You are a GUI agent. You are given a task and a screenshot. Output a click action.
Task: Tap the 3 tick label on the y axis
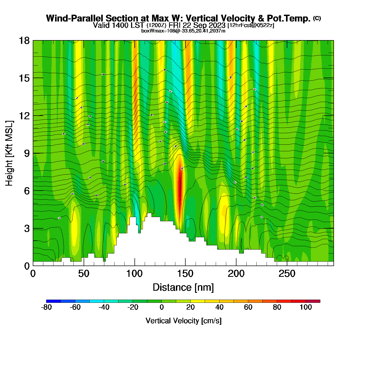pos(27,229)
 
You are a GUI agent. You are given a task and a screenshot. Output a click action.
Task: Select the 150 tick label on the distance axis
pos(185,274)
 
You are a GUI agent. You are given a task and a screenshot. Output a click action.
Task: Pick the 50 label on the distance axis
pos(84,274)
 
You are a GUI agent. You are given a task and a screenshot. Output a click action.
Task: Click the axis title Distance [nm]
pos(183,288)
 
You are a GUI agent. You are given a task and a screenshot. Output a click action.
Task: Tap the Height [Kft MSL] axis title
pos(9,153)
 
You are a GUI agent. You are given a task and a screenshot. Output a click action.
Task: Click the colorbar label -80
pos(46,307)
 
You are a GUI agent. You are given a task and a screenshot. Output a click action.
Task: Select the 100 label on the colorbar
pos(306,307)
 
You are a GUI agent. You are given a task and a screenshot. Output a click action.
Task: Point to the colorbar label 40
pos(219,307)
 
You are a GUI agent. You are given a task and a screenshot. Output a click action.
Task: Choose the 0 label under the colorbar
pos(162,307)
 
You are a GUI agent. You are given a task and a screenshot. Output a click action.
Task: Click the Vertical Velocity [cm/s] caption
pos(183,321)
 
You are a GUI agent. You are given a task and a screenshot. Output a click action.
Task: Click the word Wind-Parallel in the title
pos(75,18)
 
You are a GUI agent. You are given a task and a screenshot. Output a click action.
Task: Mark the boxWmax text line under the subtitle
pos(183,31)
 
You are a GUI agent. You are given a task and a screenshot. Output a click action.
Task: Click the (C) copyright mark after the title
pos(317,18)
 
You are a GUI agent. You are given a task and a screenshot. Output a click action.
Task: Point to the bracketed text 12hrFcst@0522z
pos(251,25)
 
